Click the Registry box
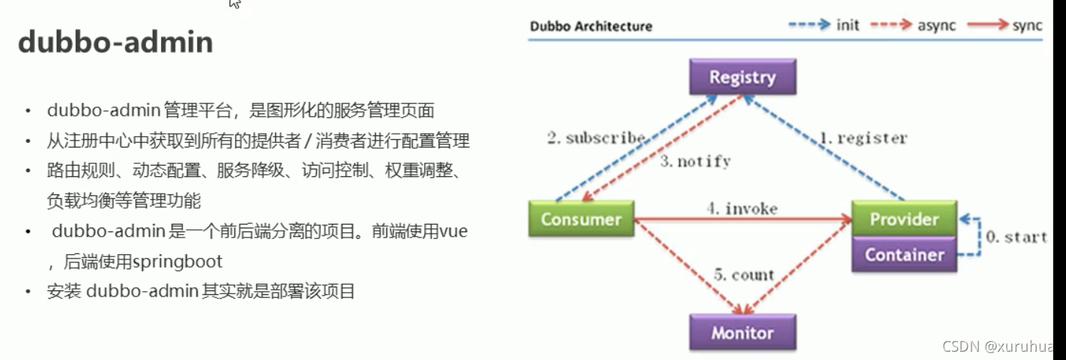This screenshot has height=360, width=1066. [742, 77]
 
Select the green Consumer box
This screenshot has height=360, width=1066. [581, 219]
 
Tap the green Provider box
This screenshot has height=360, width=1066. [903, 219]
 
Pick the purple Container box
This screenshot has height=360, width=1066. [903, 255]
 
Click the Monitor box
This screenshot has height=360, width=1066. [742, 333]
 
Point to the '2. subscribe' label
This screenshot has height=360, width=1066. [596, 138]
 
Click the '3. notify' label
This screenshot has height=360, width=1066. [695, 161]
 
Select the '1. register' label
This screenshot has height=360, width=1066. [863, 138]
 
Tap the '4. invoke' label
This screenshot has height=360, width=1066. [742, 208]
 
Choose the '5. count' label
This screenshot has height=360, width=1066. [743, 275]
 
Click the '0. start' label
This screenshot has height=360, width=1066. [1015, 237]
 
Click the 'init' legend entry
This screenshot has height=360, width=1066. [848, 26]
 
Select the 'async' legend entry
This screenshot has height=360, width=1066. [936, 26]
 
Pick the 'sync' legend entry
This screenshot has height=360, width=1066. [1027, 26]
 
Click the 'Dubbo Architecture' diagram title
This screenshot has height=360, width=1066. [590, 26]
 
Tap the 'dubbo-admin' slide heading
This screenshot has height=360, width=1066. [115, 43]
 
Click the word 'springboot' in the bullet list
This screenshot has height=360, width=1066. [178, 262]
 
